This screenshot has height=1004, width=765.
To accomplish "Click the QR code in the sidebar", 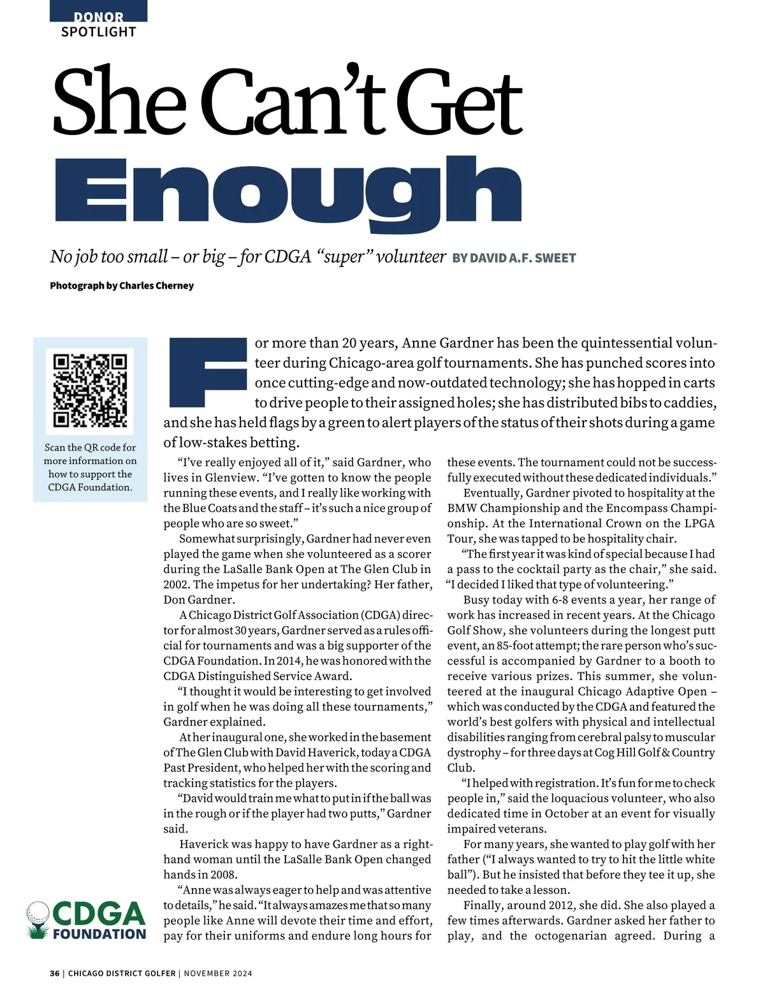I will (x=91, y=390).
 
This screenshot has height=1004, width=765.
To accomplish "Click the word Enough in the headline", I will (x=288, y=192).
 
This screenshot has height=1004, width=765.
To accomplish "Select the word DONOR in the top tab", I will (x=98, y=17).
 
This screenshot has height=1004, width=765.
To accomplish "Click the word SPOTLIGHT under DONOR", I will (x=98, y=32).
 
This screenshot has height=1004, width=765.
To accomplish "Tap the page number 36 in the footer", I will (x=55, y=973).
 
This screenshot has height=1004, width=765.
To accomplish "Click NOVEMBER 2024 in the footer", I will (x=218, y=973).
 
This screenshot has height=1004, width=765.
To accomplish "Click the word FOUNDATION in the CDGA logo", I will (x=99, y=935).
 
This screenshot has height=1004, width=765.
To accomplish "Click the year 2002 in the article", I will (x=176, y=585).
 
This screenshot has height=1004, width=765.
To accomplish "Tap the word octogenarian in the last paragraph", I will (x=571, y=936).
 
